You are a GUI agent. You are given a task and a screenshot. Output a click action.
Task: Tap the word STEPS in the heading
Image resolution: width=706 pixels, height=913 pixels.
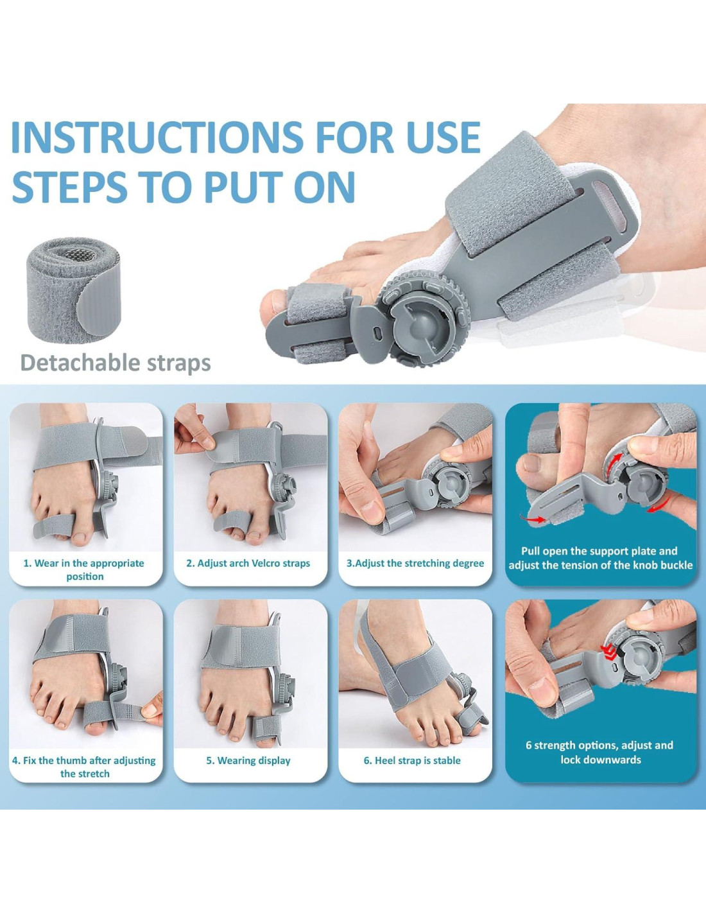(69, 186)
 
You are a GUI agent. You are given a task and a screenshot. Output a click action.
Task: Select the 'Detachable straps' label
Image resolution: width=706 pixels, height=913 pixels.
(116, 363)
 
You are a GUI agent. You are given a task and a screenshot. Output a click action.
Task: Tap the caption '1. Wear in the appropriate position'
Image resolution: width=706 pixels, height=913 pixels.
(84, 570)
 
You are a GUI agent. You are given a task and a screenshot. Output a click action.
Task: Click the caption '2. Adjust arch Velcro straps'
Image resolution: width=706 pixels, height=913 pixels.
(248, 563)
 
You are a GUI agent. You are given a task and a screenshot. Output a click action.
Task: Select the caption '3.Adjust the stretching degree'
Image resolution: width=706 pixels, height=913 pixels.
(415, 563)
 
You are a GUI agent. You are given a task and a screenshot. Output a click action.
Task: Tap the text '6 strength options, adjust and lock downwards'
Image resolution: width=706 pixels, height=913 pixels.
(599, 752)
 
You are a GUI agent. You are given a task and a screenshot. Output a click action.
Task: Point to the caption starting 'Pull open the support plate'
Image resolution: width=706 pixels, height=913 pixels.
(601, 558)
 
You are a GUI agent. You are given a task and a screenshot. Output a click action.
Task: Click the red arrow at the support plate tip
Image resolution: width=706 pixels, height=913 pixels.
(533, 519)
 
